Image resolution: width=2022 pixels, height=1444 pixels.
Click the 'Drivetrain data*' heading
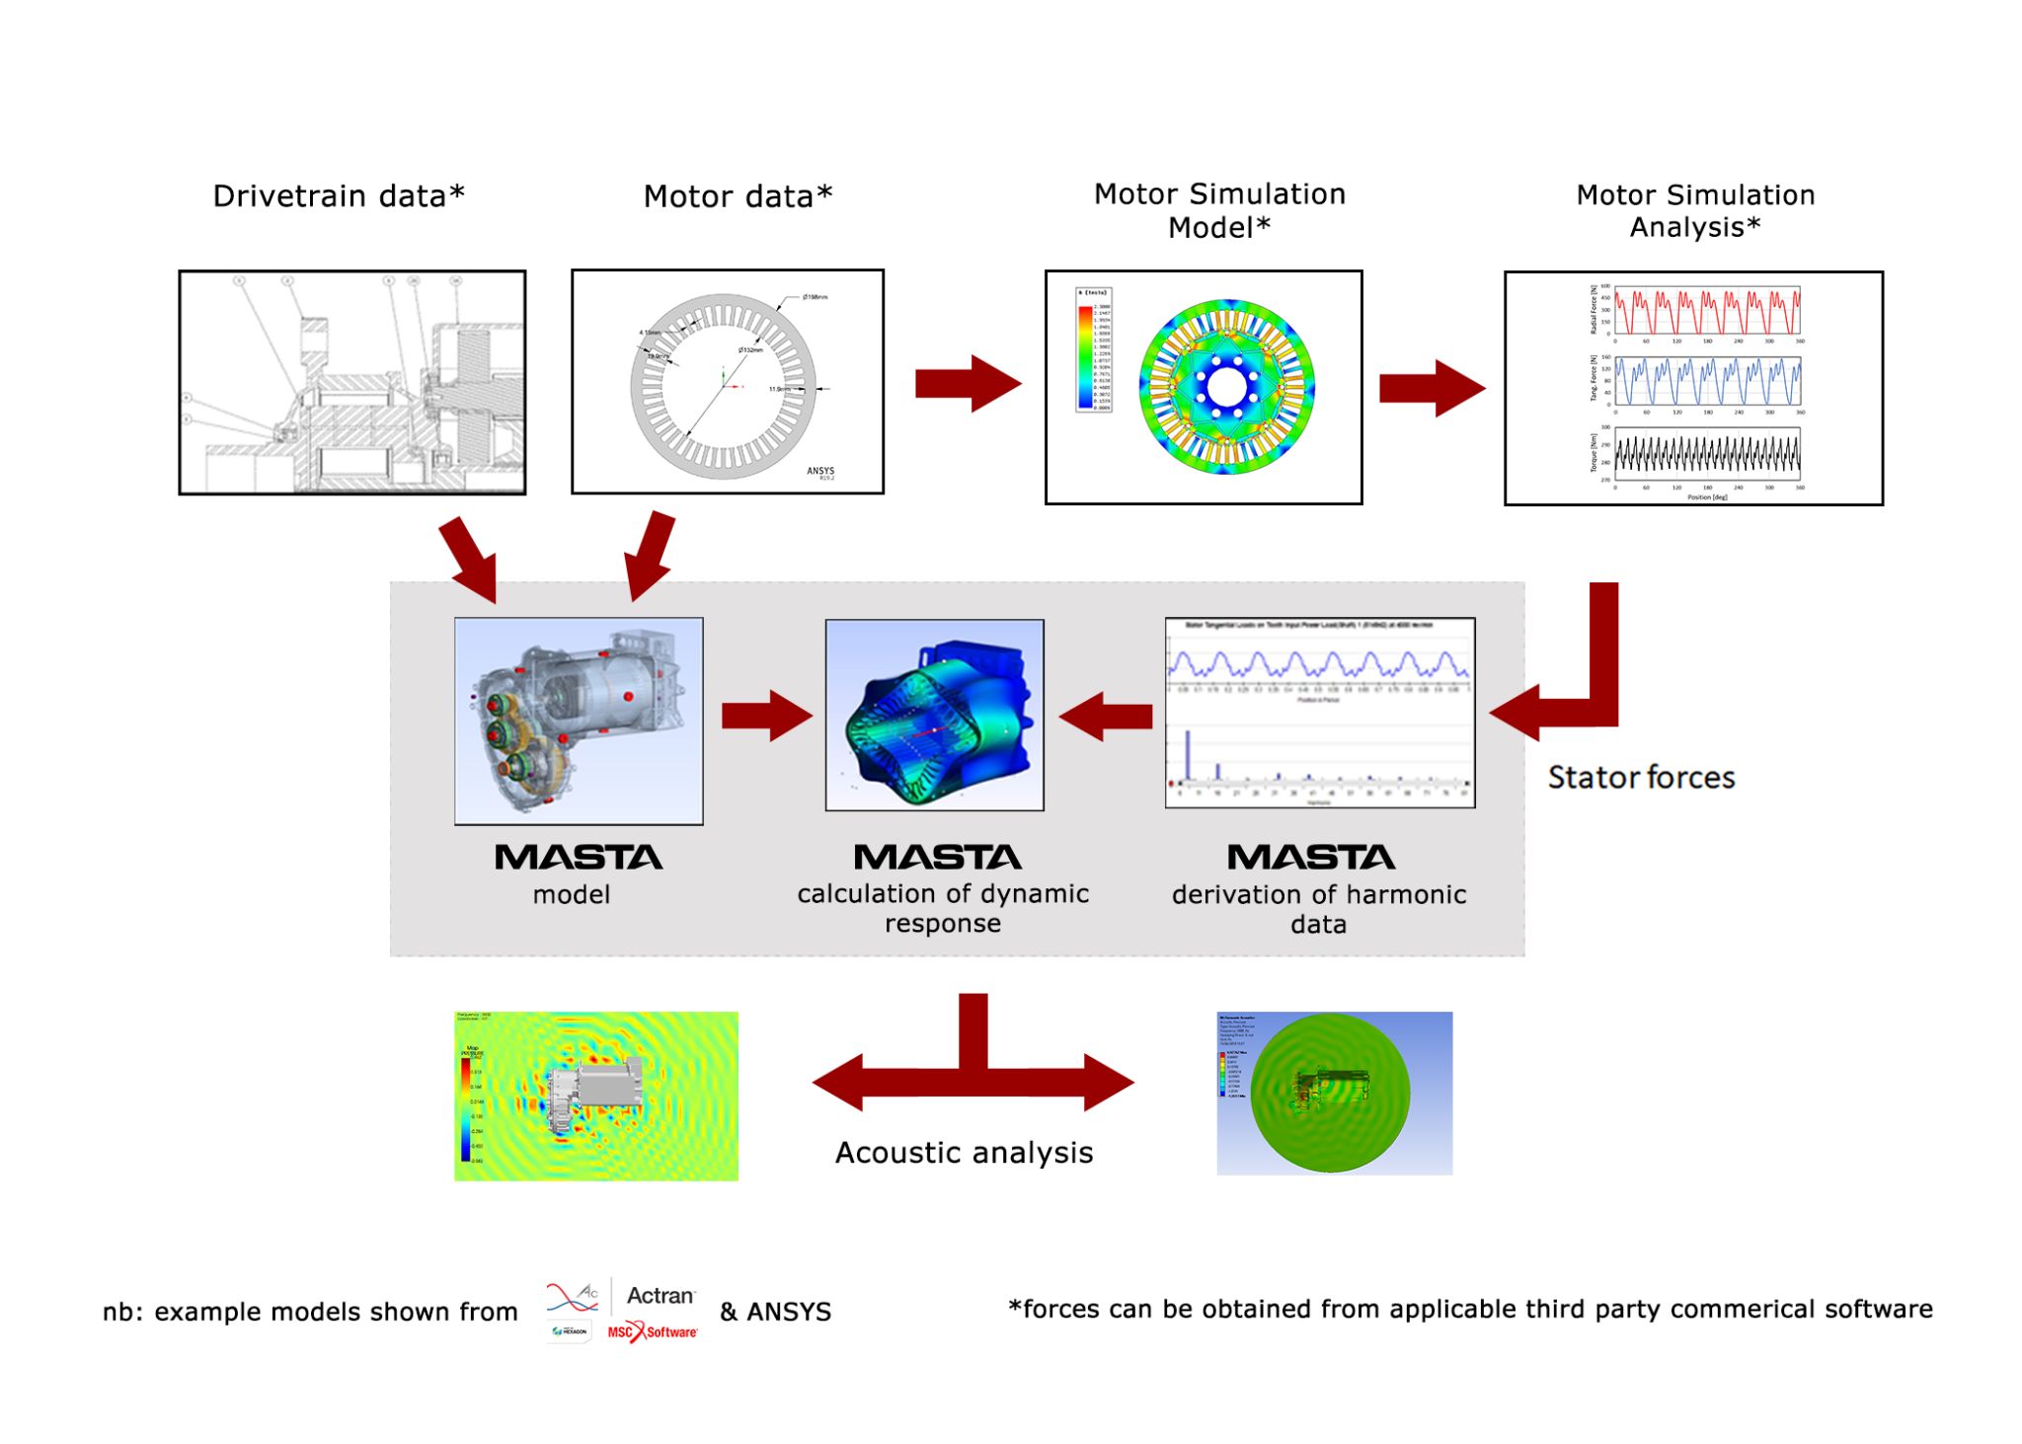click(x=339, y=195)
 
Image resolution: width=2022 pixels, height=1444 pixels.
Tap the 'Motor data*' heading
click(x=738, y=195)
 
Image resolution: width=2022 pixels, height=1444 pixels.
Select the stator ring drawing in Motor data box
click(x=724, y=386)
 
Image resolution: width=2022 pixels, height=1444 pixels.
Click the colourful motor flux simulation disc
click(x=1226, y=387)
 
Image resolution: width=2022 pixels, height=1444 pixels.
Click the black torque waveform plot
click(x=1706, y=454)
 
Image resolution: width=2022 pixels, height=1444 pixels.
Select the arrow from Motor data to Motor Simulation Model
click(x=967, y=383)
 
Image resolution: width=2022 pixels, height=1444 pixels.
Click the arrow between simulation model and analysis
click(x=1431, y=388)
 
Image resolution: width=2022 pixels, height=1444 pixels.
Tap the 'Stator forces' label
click(x=1640, y=777)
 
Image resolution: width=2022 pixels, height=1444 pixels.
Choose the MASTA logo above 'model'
click(x=578, y=857)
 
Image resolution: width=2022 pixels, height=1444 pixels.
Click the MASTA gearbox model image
click(x=579, y=721)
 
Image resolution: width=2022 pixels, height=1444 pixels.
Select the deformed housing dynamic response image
click(x=934, y=715)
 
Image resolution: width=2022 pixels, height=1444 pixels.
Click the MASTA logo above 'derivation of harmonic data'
click(x=1310, y=857)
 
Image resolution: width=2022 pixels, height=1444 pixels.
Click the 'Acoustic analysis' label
click(x=964, y=1152)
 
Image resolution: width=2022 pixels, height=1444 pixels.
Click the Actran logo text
click(x=660, y=1295)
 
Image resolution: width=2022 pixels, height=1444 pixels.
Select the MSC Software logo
click(x=652, y=1331)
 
